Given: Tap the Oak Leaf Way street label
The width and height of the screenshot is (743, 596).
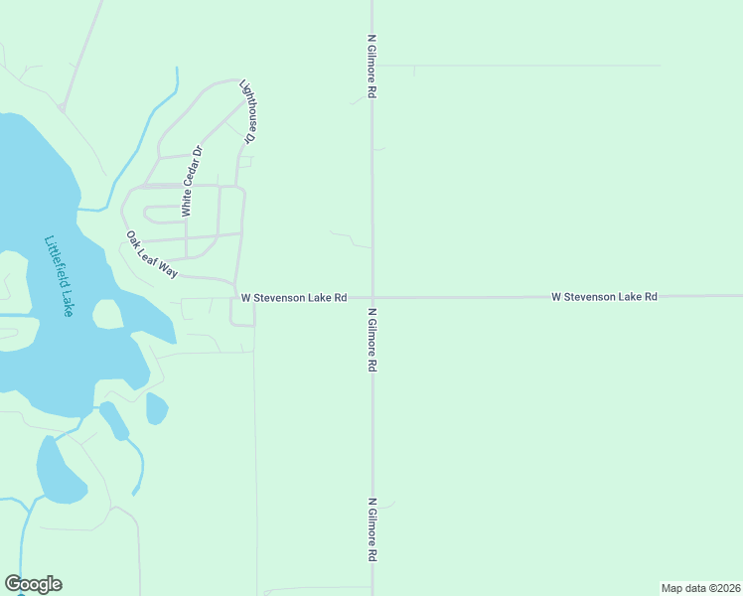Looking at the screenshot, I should coord(151,254).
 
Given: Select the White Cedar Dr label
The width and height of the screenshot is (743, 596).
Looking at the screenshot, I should coord(191,181).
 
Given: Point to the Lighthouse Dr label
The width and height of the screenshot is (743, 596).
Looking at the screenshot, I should coord(249,112).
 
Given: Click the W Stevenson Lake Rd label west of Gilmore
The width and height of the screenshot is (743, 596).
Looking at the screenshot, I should coord(293,297).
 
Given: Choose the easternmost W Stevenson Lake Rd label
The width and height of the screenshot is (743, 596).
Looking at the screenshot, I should coord(604,297).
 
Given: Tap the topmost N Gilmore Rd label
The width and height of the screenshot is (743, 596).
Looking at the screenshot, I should coord(371,66).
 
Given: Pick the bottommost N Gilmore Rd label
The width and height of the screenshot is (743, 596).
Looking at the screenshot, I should coord(371,530).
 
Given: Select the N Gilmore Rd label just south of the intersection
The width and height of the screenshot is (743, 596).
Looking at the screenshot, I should coord(371,339).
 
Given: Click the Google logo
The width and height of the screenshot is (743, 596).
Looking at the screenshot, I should coord(33,584).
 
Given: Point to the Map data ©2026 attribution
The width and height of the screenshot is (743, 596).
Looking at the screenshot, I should coord(700,587).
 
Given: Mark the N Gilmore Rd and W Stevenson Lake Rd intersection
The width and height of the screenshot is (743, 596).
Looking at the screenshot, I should coord(372,297).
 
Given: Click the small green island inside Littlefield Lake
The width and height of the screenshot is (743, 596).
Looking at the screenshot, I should coord(107,314).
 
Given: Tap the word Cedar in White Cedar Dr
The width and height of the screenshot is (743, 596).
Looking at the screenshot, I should coord(192,178).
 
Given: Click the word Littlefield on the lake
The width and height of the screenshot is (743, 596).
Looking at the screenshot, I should coord(56,264).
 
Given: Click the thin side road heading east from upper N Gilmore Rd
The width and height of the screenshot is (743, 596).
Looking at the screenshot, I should coord(517,66).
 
